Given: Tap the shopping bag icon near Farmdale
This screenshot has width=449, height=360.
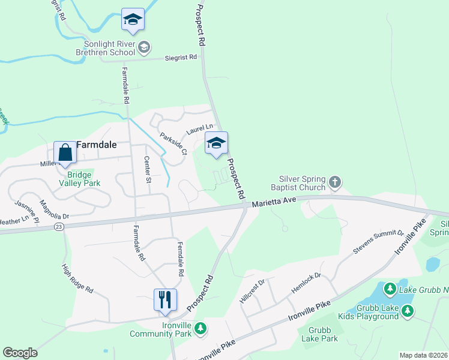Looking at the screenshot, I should [x=65, y=152].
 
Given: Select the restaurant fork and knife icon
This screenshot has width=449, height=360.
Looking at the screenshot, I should [x=164, y=299].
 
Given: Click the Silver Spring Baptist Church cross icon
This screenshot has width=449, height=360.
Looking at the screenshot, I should [x=335, y=181].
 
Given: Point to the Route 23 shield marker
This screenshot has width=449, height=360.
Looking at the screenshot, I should [x=58, y=226].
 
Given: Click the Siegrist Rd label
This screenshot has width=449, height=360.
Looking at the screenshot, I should [x=181, y=58].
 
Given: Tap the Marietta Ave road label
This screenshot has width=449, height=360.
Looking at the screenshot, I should [x=274, y=203].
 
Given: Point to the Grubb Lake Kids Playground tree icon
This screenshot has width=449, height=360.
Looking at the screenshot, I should [x=408, y=310].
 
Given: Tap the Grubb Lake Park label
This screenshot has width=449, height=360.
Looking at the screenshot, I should [x=323, y=334].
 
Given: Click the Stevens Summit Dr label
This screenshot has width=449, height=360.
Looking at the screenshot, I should [x=378, y=241].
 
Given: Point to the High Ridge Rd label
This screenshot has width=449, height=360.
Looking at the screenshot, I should [x=77, y=280].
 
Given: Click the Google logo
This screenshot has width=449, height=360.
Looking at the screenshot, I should [x=20, y=353].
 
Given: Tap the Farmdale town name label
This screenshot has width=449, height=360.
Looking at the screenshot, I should [x=96, y=145].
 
